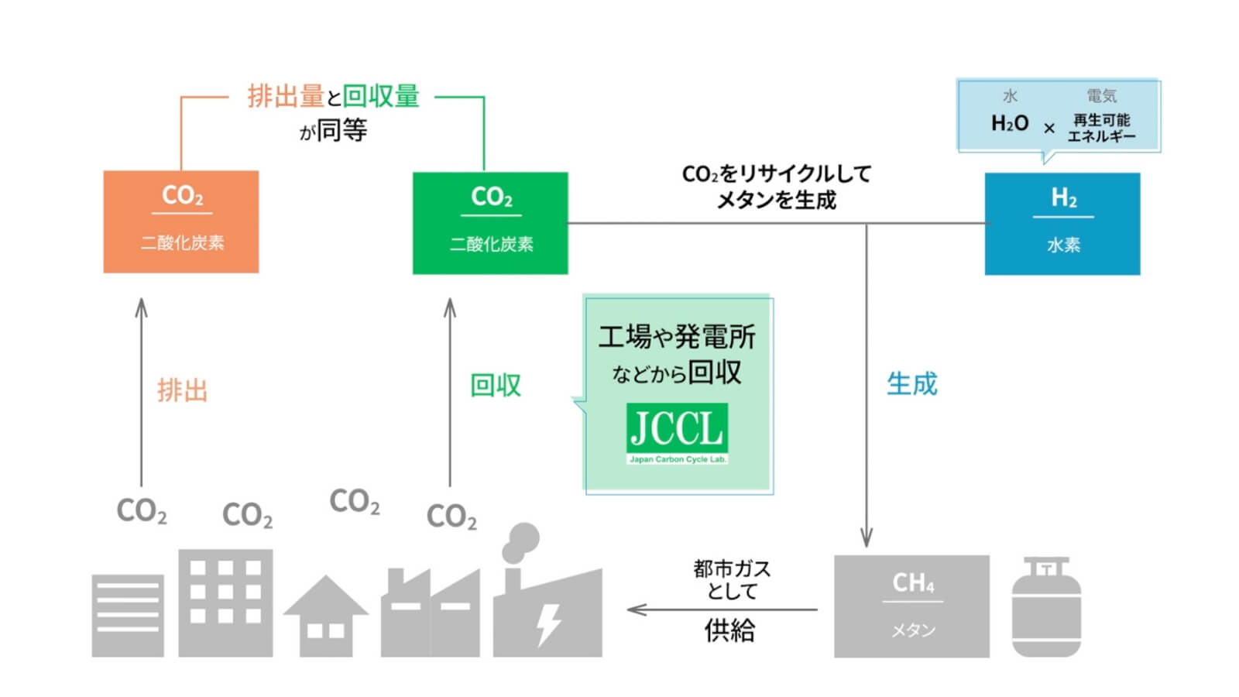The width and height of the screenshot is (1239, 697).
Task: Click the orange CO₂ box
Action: (x=180, y=221)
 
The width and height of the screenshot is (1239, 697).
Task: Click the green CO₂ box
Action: (x=490, y=223)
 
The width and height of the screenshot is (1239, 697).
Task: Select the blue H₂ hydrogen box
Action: (x=1062, y=224)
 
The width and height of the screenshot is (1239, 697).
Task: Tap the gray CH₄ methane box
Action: (x=911, y=606)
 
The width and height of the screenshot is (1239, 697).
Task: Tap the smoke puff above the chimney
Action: (x=520, y=542)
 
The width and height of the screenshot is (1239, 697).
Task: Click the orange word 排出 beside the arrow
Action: (x=183, y=390)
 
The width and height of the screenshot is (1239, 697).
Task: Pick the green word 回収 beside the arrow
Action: (x=496, y=385)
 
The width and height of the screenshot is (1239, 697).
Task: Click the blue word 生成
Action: (x=911, y=383)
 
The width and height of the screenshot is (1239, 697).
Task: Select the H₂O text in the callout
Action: (x=1009, y=123)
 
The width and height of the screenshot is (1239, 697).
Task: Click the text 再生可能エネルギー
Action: (x=1101, y=129)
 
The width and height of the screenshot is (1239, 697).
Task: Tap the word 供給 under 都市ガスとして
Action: (x=729, y=630)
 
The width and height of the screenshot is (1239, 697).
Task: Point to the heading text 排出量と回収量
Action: (x=333, y=97)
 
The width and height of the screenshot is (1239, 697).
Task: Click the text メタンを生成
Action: (x=776, y=201)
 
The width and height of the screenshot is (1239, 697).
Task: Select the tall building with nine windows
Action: (x=225, y=603)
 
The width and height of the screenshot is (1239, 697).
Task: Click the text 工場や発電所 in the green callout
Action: (x=676, y=337)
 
